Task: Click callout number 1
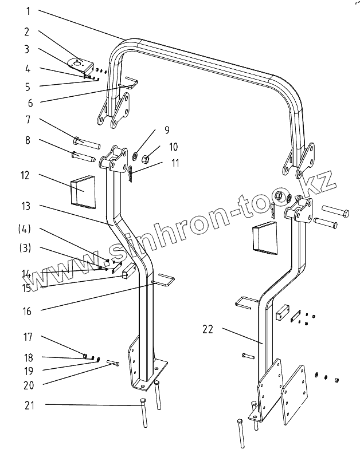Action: coord(28,11)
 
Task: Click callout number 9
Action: coord(167,130)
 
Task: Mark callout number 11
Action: coord(174,163)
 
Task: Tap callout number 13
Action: coord(27,206)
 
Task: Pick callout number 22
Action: coord(208,329)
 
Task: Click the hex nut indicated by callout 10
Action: coord(145,156)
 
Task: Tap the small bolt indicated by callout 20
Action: coord(113,363)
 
